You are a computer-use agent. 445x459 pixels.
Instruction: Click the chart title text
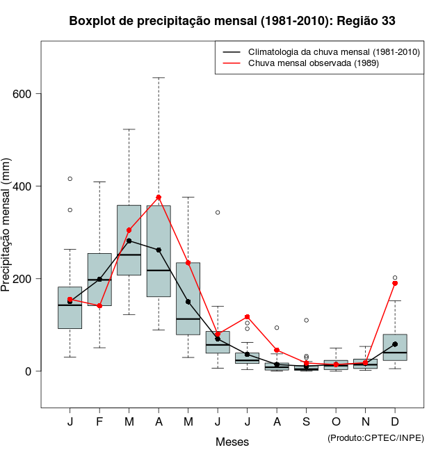[x=232, y=21]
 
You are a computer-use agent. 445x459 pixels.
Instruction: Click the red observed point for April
[x=159, y=198]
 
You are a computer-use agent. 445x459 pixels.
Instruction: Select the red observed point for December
[x=395, y=283]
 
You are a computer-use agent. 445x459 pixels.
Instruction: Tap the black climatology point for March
[x=129, y=241]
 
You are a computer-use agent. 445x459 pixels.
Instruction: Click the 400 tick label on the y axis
[x=28, y=186]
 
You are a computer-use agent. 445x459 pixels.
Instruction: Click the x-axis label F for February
[x=99, y=422]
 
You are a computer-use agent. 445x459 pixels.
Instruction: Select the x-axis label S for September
[x=306, y=422]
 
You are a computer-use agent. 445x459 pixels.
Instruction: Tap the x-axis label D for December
[x=395, y=422]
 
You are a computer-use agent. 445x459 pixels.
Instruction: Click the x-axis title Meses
[x=232, y=442]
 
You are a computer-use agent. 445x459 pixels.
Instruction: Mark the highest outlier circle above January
[x=70, y=179]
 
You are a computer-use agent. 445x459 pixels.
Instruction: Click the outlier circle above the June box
[x=218, y=212]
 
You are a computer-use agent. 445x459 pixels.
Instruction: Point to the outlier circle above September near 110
[x=306, y=321]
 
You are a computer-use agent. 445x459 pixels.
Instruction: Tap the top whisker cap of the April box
[x=159, y=78]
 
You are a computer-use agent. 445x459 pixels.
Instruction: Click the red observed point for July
[x=247, y=317]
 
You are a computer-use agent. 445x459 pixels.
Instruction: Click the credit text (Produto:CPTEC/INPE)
[x=375, y=437]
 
